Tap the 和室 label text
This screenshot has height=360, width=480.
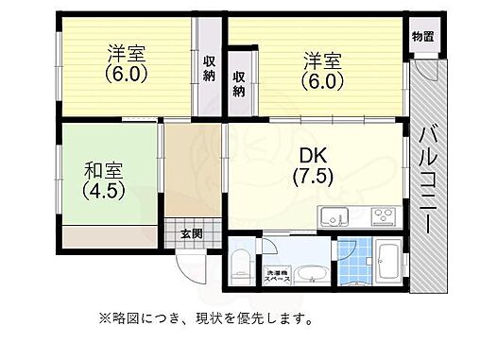pyautogui.click(x=103, y=172)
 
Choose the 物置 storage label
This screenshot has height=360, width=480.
pyautogui.click(x=422, y=37)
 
